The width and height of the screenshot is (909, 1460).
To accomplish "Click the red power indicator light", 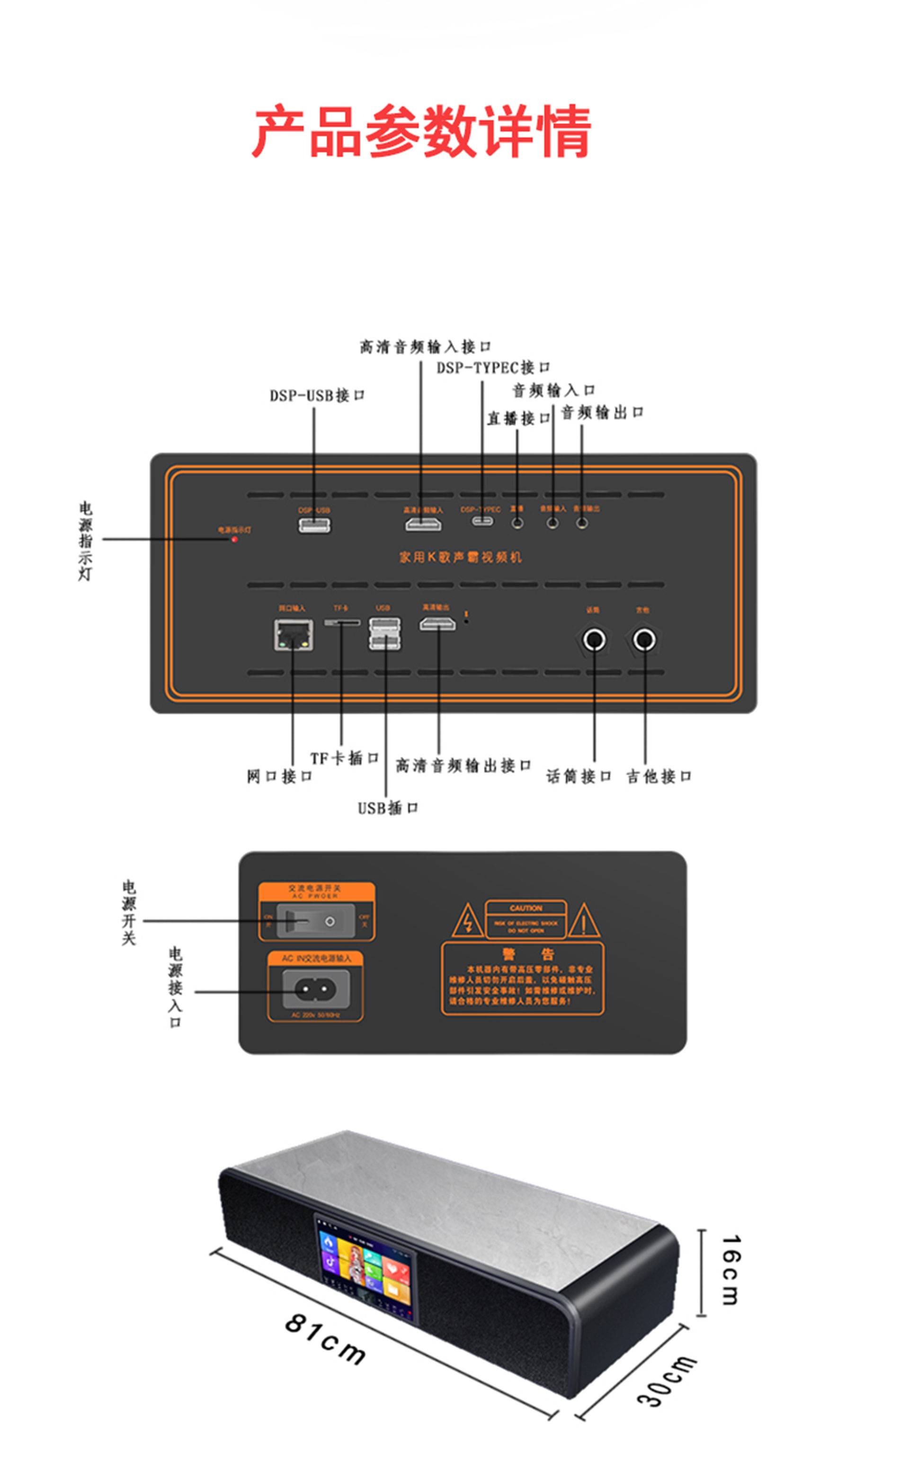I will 234,539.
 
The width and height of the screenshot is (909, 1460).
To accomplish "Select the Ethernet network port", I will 294,635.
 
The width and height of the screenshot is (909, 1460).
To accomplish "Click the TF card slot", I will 342,622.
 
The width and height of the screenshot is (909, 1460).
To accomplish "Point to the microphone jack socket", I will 595,640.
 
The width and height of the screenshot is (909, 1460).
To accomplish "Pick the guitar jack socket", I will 644,640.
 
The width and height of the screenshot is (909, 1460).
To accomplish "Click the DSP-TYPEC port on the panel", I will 481,521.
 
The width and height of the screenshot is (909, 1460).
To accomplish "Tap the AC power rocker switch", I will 316,921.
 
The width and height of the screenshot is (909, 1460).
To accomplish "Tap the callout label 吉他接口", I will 659,776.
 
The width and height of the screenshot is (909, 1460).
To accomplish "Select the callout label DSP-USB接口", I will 317,395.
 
